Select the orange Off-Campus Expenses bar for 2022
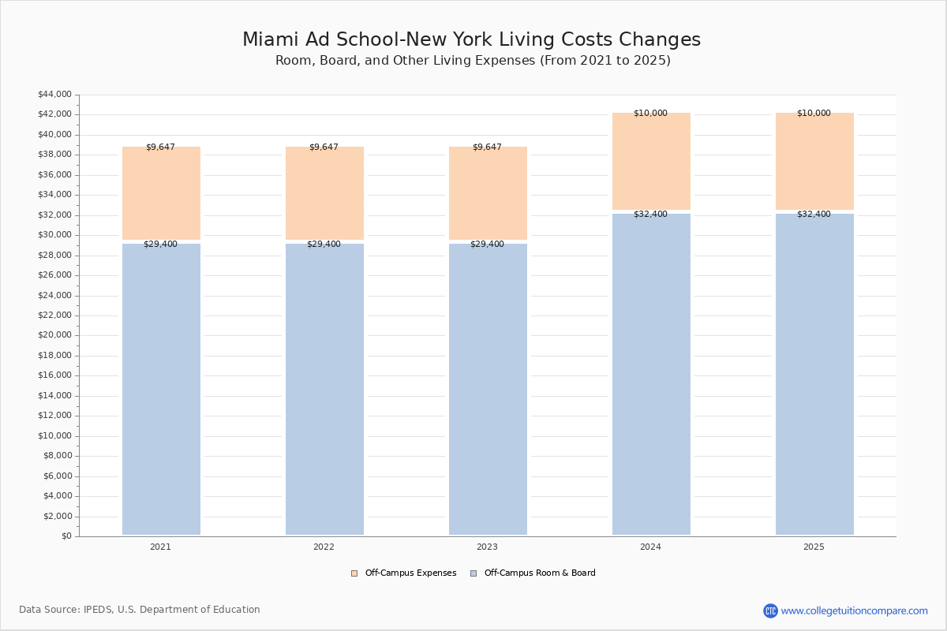click(x=324, y=193)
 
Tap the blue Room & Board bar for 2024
click(x=651, y=374)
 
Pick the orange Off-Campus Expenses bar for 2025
click(x=814, y=161)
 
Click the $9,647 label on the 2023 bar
click(x=487, y=147)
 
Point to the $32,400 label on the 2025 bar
click(x=814, y=215)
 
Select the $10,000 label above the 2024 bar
click(x=650, y=114)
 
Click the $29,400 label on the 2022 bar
click(x=324, y=245)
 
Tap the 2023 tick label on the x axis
click(x=487, y=547)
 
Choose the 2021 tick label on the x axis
click(x=160, y=547)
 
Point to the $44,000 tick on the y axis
click(x=54, y=95)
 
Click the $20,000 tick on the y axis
click(x=54, y=335)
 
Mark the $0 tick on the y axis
click(x=66, y=536)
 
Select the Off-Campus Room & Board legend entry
click(x=539, y=573)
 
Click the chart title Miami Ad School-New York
click(x=471, y=40)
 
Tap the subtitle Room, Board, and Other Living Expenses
click(x=473, y=61)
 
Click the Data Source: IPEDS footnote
click(x=140, y=610)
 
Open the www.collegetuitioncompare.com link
click(x=854, y=610)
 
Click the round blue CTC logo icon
click(x=770, y=610)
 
